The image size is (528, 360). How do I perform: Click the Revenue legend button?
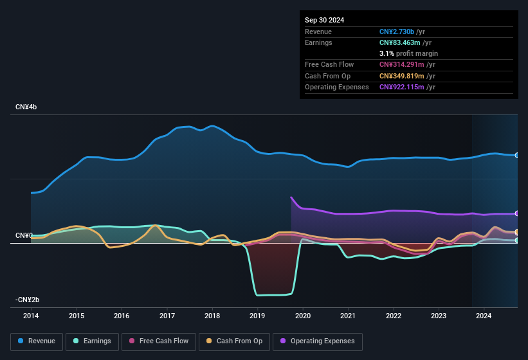tap(37, 341)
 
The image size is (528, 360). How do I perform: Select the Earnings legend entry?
tap(92, 341)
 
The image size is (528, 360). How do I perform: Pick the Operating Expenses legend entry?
tap(318, 341)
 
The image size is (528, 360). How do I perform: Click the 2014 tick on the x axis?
tap(31, 316)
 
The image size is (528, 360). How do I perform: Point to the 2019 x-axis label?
tap(257, 316)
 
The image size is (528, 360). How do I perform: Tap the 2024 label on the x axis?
tap(484, 316)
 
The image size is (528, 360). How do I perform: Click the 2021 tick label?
tap(348, 316)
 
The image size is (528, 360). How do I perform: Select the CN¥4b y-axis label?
tap(26, 107)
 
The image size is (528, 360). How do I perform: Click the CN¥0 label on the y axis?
tap(23, 236)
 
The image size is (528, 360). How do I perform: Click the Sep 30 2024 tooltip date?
tap(325, 20)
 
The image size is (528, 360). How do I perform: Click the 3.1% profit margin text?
tap(409, 53)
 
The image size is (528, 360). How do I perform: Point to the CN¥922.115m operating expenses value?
tap(403, 87)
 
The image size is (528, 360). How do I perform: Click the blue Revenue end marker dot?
tap(517, 155)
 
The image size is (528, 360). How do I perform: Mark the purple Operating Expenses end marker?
tap(517, 213)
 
